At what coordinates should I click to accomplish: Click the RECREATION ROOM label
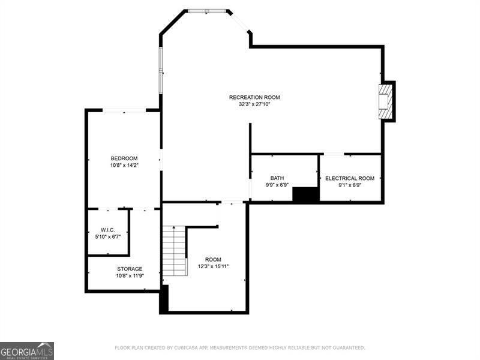(254, 97)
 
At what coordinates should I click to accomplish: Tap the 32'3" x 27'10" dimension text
(254, 104)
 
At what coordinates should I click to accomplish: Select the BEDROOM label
(124, 158)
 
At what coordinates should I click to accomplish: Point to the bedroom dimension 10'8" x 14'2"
(124, 166)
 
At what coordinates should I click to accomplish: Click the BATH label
(277, 178)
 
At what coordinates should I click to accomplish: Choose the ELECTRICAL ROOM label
(350, 178)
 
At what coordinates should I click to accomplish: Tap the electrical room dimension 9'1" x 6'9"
(350, 185)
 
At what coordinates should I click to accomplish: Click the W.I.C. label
(108, 230)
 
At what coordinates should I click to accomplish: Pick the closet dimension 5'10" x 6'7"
(108, 236)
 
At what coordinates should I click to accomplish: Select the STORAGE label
(130, 269)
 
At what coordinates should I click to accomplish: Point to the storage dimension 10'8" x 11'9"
(130, 276)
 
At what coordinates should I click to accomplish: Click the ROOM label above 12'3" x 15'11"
(214, 260)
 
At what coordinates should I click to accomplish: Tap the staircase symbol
(175, 251)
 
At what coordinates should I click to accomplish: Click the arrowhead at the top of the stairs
(174, 227)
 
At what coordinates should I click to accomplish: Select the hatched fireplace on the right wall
(385, 101)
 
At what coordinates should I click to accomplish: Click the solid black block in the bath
(306, 194)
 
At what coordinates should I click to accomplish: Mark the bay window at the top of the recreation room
(207, 11)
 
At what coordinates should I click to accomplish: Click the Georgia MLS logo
(27, 351)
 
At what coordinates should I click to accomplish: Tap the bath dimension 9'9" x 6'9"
(277, 185)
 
